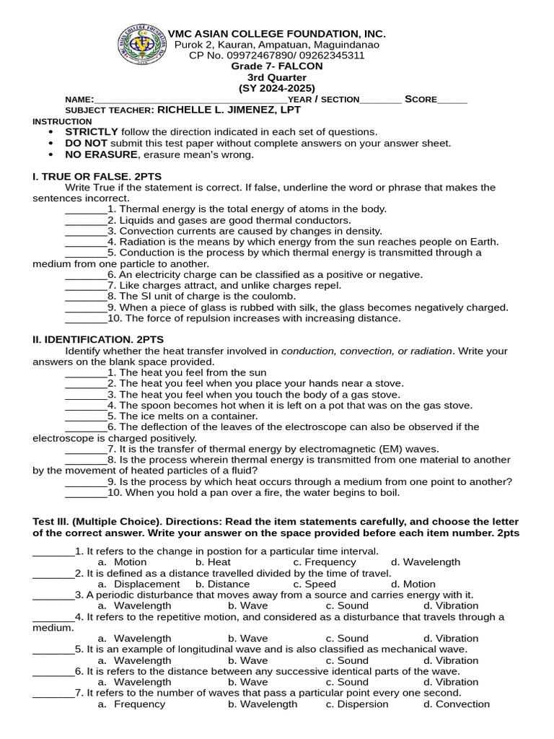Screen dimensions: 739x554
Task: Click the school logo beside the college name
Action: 141,48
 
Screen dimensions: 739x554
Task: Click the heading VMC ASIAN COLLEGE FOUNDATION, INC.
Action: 276,34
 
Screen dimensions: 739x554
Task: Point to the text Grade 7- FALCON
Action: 276,66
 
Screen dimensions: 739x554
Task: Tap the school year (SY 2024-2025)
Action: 276,88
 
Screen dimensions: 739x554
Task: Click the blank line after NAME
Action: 190,100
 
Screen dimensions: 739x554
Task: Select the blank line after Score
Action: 452,100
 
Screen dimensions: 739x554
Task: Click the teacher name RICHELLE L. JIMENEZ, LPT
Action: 229,110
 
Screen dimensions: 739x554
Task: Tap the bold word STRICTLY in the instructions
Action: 92,132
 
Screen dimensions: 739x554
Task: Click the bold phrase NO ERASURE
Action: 101,154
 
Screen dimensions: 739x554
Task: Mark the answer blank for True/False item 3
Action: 85,231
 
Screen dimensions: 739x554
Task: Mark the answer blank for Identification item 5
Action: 85,416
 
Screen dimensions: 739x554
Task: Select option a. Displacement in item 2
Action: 138,584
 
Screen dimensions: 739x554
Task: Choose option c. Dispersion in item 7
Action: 357,704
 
